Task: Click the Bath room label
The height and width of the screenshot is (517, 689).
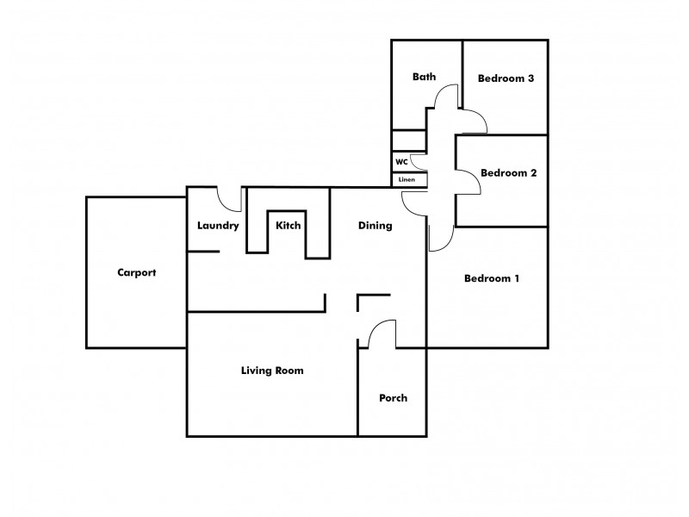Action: [x=424, y=77]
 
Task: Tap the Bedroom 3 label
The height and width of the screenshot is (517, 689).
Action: [x=506, y=78]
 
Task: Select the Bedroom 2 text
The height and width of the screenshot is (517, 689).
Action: [x=508, y=172]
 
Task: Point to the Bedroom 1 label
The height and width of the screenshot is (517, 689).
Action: [x=492, y=278]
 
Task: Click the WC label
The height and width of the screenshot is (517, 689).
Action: [x=401, y=161]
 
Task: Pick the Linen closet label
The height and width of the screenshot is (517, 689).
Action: [x=407, y=179]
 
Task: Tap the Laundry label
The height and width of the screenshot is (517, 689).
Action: [x=217, y=226]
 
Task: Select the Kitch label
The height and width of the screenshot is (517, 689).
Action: [x=288, y=226]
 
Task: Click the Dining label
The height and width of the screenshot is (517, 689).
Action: [x=375, y=226]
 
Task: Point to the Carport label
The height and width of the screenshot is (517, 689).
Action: [x=136, y=272]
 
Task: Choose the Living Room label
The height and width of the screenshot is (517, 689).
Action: [x=271, y=371]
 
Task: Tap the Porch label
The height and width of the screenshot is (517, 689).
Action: [x=393, y=398]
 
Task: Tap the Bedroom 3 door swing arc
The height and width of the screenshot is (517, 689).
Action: [x=474, y=122]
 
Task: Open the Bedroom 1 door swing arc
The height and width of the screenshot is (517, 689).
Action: [x=441, y=240]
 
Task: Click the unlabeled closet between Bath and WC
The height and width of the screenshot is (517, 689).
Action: [x=408, y=140]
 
